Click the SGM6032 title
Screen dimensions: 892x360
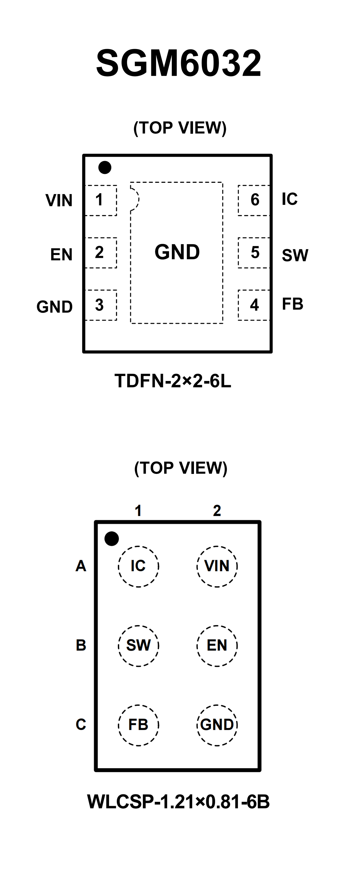point(179,63)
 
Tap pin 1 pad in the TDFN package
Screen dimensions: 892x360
point(100,200)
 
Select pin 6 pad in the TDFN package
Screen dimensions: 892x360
point(254,200)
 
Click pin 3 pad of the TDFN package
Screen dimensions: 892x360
point(100,305)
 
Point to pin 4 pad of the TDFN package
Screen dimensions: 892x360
point(254,305)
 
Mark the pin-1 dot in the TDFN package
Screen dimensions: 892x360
point(105,168)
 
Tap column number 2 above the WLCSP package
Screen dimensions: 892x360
point(217,511)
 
